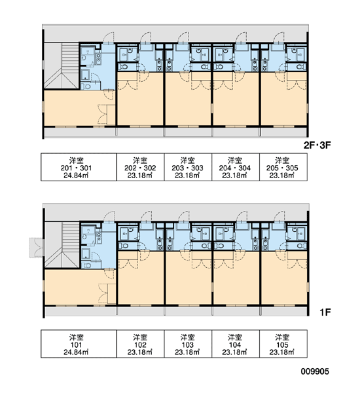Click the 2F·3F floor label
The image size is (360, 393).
click(317, 145)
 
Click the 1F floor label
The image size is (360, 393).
click(325, 312)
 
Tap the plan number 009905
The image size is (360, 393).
click(315, 371)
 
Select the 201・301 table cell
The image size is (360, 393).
click(79, 167)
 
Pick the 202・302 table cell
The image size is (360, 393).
click(140, 167)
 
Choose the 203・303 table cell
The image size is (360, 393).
click(188, 167)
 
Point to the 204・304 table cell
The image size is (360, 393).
click(236, 167)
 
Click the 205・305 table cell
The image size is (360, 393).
click(283, 167)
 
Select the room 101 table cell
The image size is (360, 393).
click(79, 344)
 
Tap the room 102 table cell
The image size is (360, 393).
click(140, 344)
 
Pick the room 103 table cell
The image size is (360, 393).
click(188, 344)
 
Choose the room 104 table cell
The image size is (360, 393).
click(236, 344)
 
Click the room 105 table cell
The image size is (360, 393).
click(283, 344)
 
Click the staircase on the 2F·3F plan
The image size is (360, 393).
click(62, 65)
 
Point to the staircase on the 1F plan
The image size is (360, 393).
click(62, 245)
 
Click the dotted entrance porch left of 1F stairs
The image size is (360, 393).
click(37, 248)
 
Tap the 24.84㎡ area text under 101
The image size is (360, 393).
click(76, 352)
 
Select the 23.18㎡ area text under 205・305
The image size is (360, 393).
click(282, 176)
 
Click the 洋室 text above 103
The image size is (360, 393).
click(188, 337)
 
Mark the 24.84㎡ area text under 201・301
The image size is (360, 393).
click(76, 176)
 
